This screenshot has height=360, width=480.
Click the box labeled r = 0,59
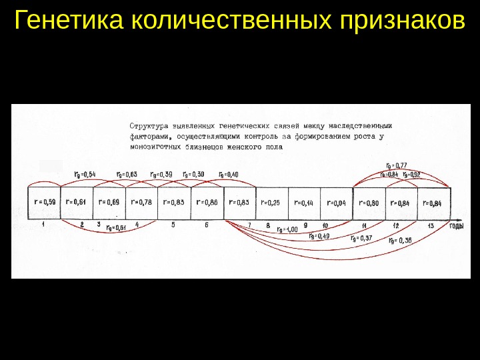click(44, 202)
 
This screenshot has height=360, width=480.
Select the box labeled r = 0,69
click(109, 202)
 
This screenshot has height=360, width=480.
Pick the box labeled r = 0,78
click(141, 202)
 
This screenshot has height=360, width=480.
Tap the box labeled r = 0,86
click(207, 202)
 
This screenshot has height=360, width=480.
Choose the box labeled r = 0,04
click(337, 202)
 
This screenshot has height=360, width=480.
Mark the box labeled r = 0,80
click(369, 202)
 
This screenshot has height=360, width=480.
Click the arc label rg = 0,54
click(85, 175)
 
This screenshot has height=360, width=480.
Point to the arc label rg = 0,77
click(397, 165)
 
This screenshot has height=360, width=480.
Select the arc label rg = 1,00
click(287, 230)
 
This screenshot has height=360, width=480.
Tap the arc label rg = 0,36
click(399, 241)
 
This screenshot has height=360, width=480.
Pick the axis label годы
click(457, 227)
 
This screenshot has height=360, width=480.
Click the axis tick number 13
click(431, 225)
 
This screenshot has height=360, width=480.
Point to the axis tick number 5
click(173, 225)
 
